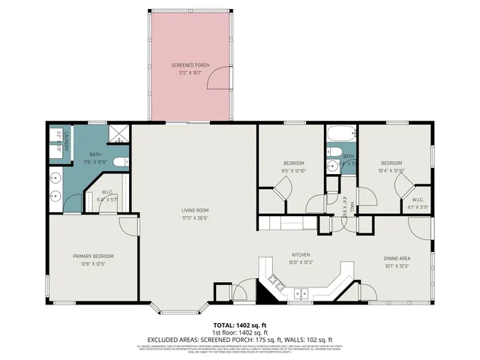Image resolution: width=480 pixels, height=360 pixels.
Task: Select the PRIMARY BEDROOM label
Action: coord(93,256)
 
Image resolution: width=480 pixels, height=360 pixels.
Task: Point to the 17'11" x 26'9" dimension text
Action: coord(194,218)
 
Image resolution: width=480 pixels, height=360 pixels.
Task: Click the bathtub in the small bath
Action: coord(340,137)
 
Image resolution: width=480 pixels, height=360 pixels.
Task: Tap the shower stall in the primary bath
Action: coord(117,134)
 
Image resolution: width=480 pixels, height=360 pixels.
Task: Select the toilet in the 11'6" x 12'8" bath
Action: coord(72,201)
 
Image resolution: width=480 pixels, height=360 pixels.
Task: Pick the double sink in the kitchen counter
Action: coord(301,292)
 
